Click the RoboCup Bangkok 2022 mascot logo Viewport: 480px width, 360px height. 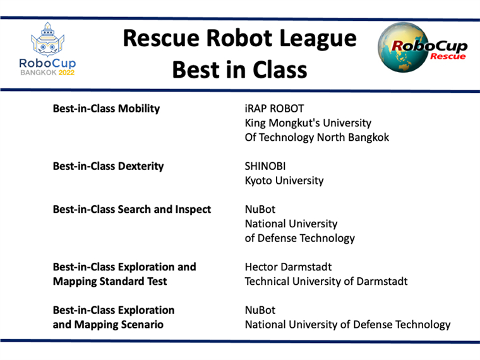coord(47,39)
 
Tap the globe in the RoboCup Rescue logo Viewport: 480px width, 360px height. coord(403,47)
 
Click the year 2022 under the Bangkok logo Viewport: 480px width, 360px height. coord(66,73)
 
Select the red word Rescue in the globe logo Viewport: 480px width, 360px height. coord(448,56)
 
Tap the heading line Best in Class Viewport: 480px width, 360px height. coord(240,69)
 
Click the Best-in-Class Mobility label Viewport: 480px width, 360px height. coord(106,109)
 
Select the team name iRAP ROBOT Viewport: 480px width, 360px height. coord(274,109)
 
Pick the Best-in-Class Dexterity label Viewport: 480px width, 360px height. coord(108,166)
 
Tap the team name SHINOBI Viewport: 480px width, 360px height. coord(265,166)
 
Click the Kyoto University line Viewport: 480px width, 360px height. coord(284,180)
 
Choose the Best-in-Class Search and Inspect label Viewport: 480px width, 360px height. coord(132,209)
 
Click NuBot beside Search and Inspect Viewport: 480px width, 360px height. coord(260,209)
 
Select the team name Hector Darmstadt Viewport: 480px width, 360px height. coord(288,267)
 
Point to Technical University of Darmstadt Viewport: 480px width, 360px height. coord(326,281)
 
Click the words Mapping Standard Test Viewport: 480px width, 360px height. coord(110,281)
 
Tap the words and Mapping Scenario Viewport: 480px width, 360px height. coord(108,324)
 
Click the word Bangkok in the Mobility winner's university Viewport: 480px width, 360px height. coord(369,137)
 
